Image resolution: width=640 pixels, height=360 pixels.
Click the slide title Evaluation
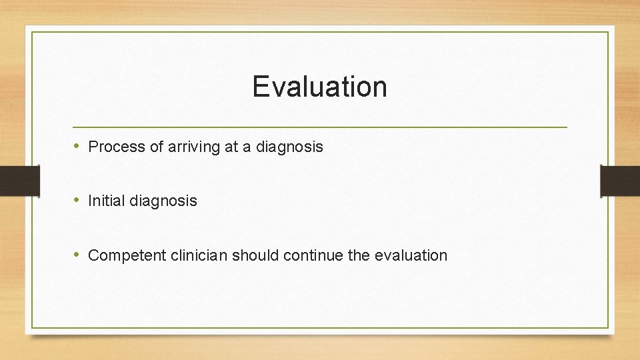click(319, 87)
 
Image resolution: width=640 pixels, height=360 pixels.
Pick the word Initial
click(103, 201)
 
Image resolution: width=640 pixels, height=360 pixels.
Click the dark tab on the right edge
click(620, 181)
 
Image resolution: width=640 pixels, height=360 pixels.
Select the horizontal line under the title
click(319, 127)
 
